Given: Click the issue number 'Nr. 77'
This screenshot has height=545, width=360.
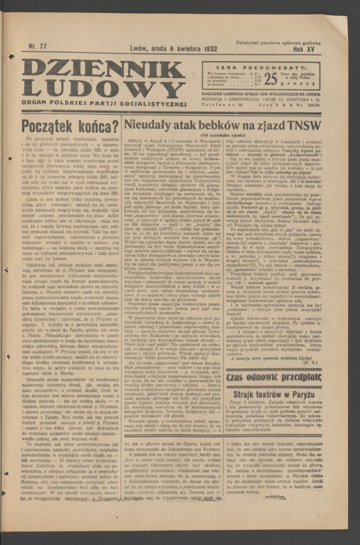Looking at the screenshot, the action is [38, 46].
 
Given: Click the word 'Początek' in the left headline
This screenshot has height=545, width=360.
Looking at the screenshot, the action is [47, 127].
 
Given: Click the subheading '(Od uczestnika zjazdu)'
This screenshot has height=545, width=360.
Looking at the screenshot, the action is [224, 135].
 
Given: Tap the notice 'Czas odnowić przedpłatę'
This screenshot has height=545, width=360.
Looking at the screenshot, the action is [273, 377].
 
